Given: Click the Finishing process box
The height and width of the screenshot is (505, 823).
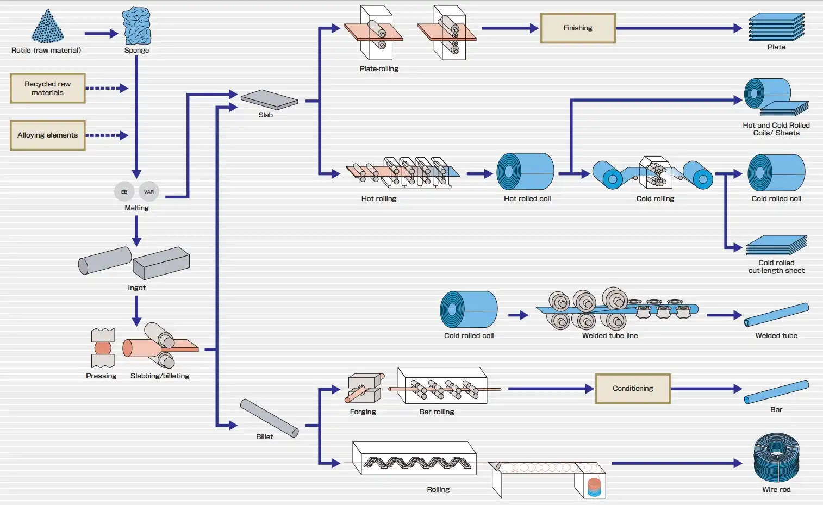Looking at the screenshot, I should tap(578, 28).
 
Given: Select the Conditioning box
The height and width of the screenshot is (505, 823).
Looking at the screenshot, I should tap(633, 389).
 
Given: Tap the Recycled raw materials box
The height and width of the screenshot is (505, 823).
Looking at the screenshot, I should tap(48, 88).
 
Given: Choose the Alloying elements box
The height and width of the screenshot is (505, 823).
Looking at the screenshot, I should tap(48, 135).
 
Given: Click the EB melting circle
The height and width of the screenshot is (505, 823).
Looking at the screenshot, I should tap(124, 191).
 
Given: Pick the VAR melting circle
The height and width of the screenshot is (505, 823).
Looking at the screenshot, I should tap(149, 191).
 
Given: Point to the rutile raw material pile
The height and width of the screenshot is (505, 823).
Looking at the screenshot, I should tap(48, 27).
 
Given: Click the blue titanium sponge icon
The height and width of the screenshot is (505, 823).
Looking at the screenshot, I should tap(136, 26).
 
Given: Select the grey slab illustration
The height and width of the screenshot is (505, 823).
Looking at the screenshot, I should tap(269, 99).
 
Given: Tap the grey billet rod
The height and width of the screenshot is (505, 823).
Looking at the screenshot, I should tap(269, 417).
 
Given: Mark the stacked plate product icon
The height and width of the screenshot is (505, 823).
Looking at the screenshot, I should tap(776, 27).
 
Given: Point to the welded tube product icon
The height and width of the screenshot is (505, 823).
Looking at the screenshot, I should tap(776, 315).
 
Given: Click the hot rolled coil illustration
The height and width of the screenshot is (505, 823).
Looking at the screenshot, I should tap(525, 171).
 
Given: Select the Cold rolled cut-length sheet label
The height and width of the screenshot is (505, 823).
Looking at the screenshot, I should tap(776, 266).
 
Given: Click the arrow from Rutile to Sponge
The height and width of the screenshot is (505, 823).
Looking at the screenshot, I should tap(101, 34).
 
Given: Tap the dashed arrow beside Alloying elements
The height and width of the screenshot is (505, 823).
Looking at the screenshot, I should tap(107, 135).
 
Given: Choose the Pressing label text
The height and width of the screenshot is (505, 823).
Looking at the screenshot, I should tap(101, 376).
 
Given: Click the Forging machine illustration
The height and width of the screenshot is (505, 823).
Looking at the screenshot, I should tap(364, 387).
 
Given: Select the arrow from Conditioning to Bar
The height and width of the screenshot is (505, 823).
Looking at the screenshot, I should tap(706, 389).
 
